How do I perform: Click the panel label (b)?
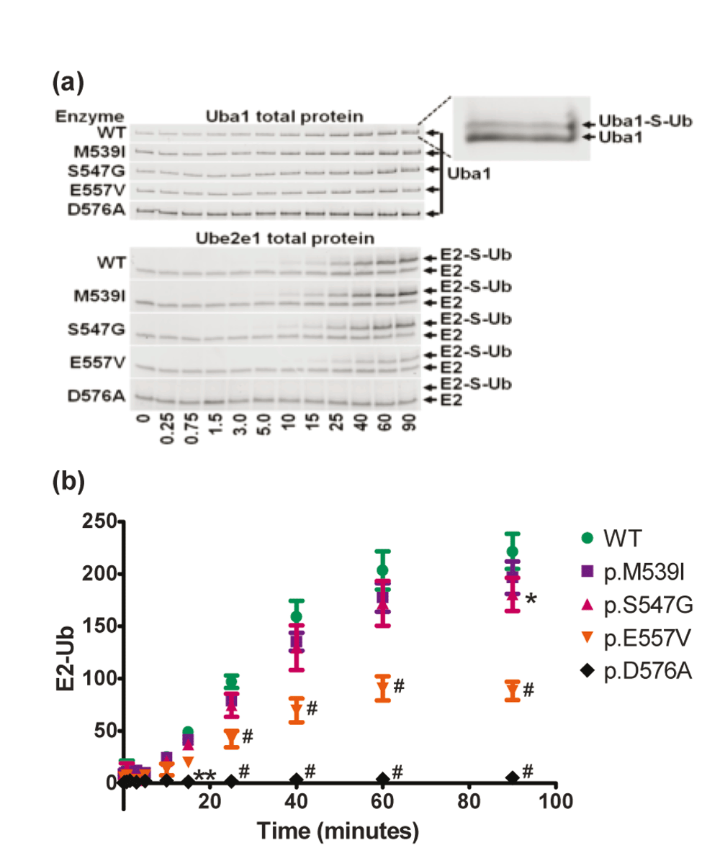[69, 483]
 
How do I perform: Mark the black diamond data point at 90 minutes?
[512, 778]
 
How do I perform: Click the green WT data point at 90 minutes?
[512, 552]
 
